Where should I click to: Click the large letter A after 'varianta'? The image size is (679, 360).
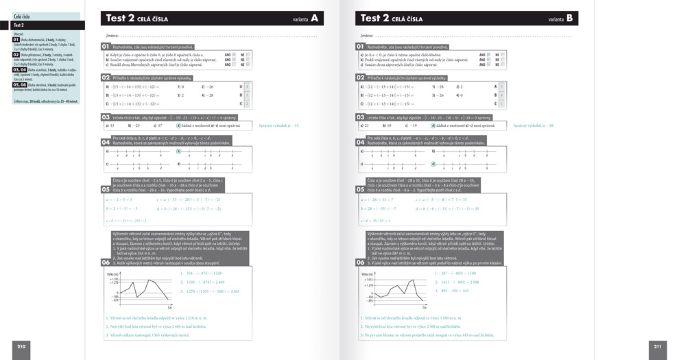(x=315, y=19)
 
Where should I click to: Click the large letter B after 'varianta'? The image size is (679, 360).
(x=570, y=19)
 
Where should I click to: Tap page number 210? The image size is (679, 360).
(x=21, y=346)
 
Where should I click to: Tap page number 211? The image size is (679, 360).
(x=658, y=346)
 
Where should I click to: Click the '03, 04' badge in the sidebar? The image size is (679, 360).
(x=20, y=70)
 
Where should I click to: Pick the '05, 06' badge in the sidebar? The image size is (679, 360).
(x=20, y=85)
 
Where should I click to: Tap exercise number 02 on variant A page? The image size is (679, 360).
(x=106, y=78)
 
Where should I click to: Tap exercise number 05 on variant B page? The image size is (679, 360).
(x=360, y=189)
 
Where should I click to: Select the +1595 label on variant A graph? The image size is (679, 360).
(x=114, y=280)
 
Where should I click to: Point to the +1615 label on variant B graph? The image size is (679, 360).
(x=368, y=280)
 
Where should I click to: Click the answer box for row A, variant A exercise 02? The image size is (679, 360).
(x=248, y=86)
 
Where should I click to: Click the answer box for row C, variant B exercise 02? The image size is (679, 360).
(x=501, y=104)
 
